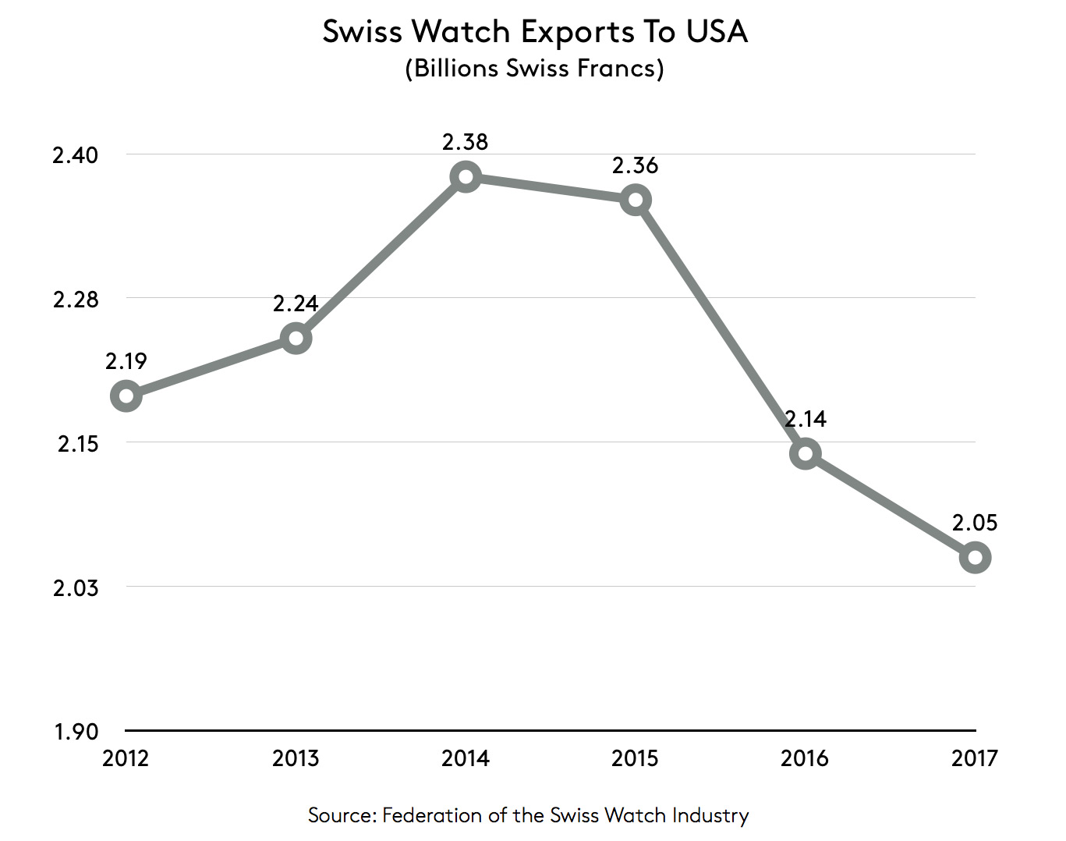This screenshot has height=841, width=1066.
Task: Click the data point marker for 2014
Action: tap(466, 176)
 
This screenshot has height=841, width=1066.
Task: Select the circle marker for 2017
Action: tap(975, 557)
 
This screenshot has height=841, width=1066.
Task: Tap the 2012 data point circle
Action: tap(126, 396)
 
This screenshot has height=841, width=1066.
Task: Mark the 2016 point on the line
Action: tap(805, 453)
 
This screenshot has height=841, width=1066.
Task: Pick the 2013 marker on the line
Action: tap(296, 338)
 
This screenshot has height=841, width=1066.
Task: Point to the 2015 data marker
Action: tap(636, 200)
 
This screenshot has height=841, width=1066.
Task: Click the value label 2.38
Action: tap(466, 142)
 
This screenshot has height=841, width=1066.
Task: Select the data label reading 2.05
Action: tap(975, 523)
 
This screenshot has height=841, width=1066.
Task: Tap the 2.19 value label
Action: tap(126, 361)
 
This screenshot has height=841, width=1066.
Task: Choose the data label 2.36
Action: tap(636, 165)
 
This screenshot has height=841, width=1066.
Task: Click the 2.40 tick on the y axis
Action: tap(76, 154)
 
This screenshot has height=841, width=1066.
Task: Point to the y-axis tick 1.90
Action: tap(76, 732)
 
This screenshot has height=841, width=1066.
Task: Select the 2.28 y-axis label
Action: tap(76, 299)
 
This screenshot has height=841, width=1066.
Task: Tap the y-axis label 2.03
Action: tap(76, 587)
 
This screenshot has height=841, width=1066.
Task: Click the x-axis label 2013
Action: tap(296, 758)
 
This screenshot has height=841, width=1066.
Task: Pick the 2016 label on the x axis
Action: tap(805, 758)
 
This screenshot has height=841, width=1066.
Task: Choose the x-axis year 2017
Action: tap(975, 758)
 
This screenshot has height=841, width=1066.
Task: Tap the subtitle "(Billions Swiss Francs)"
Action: tap(534, 69)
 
